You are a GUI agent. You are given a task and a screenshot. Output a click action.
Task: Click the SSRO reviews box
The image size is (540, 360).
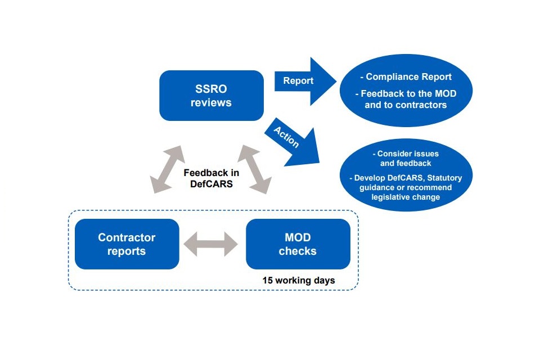[x=211, y=96]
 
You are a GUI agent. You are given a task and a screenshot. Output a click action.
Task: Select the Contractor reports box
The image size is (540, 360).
[x=127, y=244]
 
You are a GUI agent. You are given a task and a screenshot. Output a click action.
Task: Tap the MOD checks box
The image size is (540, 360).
[x=298, y=244]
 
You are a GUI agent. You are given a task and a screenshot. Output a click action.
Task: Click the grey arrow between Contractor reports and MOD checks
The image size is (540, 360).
[x=212, y=245]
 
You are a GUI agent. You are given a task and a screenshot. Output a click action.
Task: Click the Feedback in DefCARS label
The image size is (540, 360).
[x=211, y=178]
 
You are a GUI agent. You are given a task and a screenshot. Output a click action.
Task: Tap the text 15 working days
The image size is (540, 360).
[x=298, y=280]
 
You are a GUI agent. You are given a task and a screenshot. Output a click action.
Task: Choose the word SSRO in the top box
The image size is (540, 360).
[x=211, y=89]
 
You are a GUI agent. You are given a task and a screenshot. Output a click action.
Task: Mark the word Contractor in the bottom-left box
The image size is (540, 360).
[x=127, y=237]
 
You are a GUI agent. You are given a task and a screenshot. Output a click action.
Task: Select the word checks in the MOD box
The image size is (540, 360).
[x=298, y=251]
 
